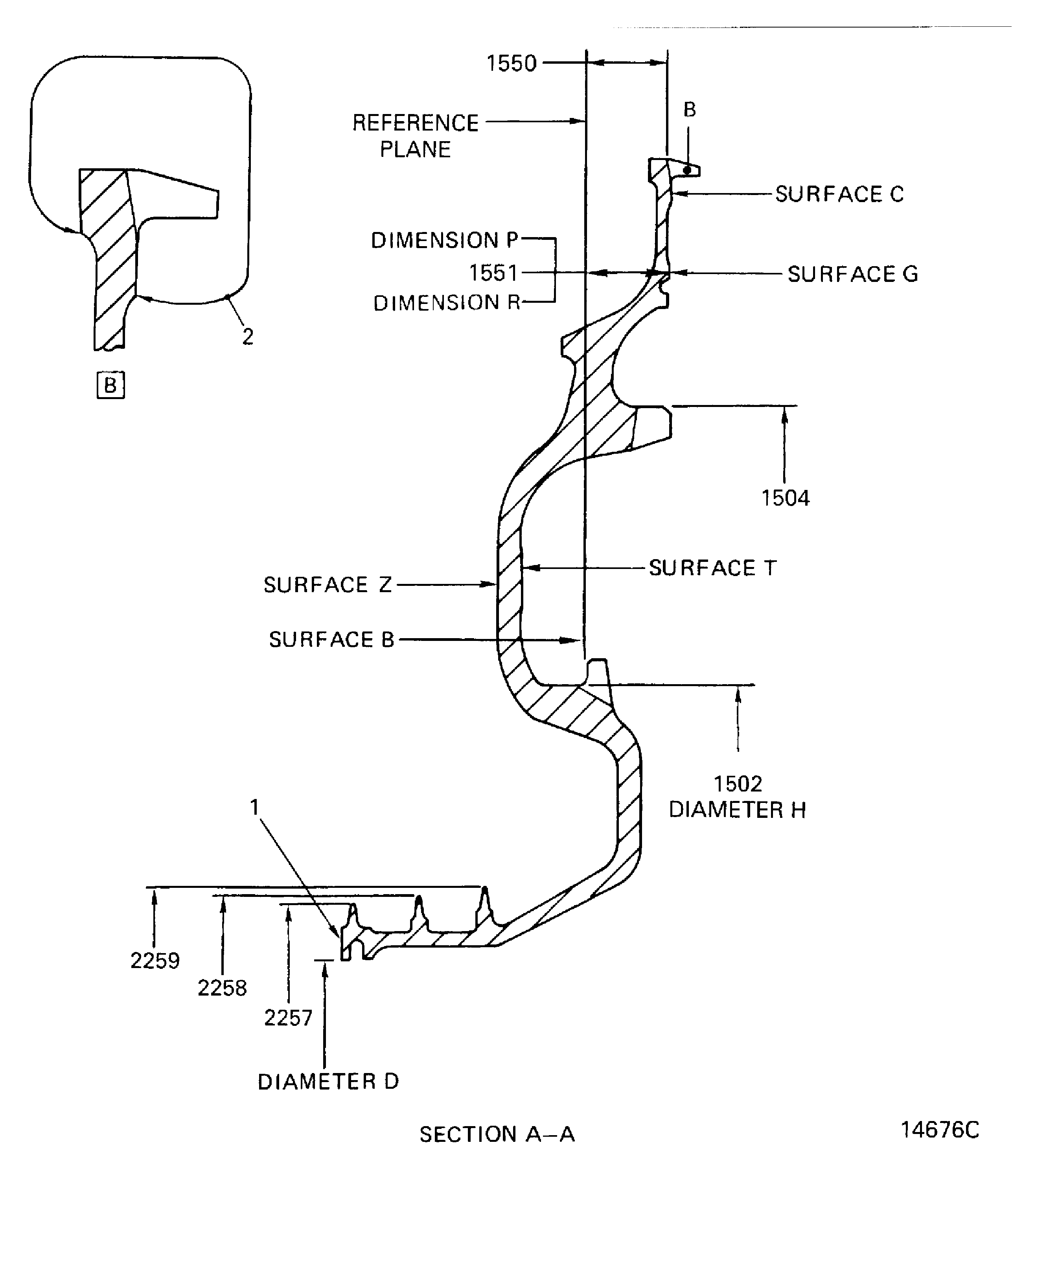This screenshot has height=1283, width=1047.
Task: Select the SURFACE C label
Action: click(x=839, y=194)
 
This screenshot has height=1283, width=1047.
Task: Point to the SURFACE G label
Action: click(x=852, y=274)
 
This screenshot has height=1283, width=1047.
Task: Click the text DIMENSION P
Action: click(x=445, y=240)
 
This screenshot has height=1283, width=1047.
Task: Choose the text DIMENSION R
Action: click(x=446, y=303)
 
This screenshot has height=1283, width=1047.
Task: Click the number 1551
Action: click(x=493, y=273)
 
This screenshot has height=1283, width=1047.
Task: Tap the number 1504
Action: click(x=785, y=498)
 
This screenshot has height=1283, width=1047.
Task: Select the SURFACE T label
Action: click(x=712, y=568)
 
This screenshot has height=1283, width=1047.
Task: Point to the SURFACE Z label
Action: click(x=328, y=585)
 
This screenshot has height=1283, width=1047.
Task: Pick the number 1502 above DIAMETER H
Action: click(x=738, y=784)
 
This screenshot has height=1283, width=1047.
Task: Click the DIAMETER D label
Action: click(x=328, y=1082)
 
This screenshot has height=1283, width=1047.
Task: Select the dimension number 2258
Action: click(x=222, y=988)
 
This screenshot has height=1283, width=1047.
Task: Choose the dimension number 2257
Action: click(x=288, y=1018)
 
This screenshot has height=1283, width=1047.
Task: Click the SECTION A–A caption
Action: click(x=497, y=1135)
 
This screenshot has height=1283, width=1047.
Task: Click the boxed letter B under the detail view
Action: click(x=110, y=385)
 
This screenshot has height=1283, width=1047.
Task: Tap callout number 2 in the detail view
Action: click(x=247, y=337)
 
